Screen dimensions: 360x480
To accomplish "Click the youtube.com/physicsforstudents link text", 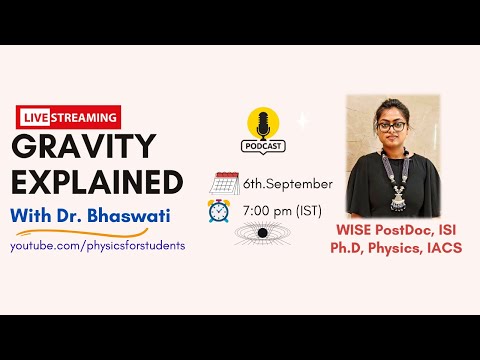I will pyautogui.click(x=98, y=245).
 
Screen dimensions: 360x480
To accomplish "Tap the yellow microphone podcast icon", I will pyautogui.click(x=264, y=124).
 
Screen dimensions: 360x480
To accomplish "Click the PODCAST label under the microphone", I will pyautogui.click(x=264, y=146).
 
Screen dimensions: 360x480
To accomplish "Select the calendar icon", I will pyautogui.click(x=225, y=184).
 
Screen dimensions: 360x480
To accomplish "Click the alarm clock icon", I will pyautogui.click(x=220, y=211).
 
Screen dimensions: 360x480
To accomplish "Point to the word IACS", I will pyautogui.click(x=442, y=248).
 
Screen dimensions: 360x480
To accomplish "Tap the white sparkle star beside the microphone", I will pyautogui.click(x=303, y=120).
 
